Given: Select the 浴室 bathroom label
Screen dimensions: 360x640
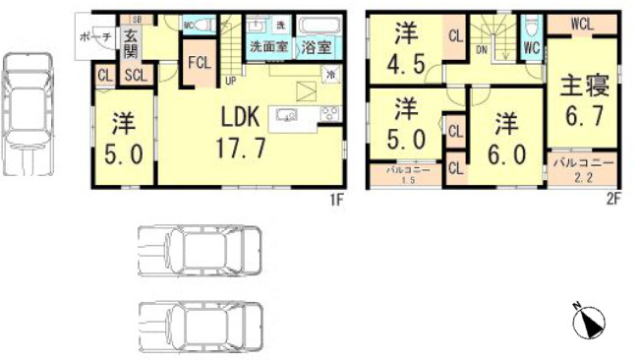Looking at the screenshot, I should click(x=317, y=46).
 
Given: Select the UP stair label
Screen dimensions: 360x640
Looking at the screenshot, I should click(x=230, y=81).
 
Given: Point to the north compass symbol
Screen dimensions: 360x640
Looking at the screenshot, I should click(x=589, y=321).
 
